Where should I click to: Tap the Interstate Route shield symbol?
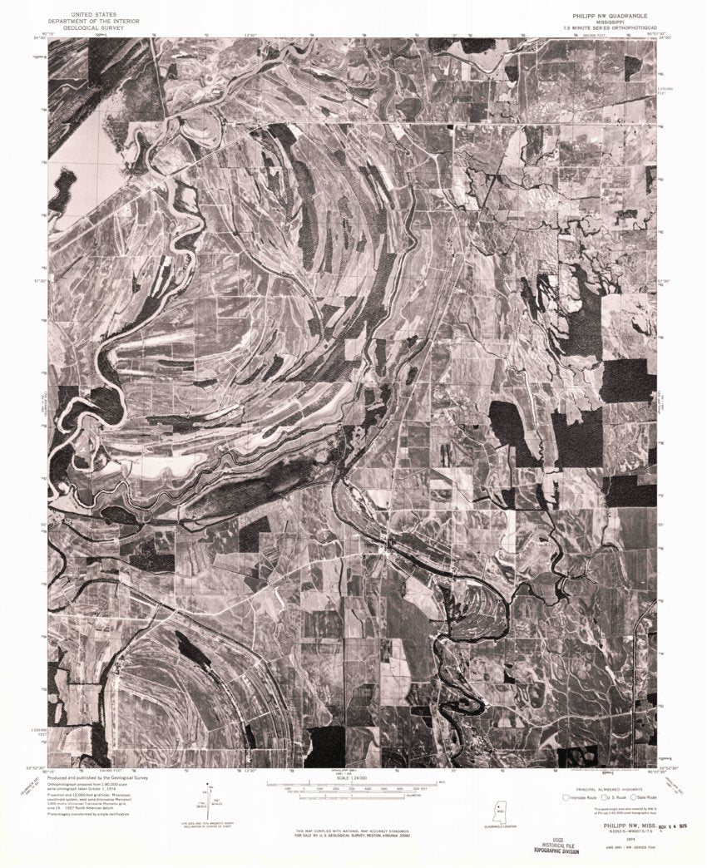(566, 796)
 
